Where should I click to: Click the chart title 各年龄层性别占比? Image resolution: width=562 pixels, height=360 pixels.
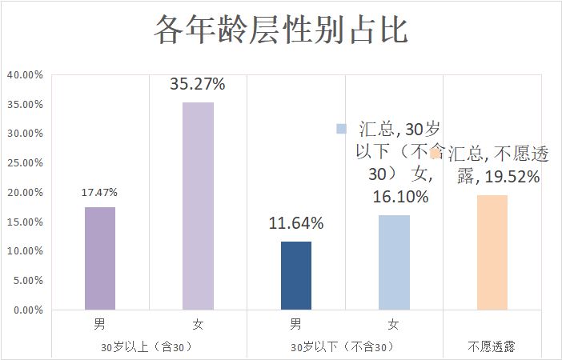(280, 30)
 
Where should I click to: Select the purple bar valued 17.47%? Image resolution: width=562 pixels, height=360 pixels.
(100, 258)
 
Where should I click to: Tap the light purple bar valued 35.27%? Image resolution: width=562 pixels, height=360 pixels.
(198, 206)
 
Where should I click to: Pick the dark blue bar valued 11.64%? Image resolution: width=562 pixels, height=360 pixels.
(295, 275)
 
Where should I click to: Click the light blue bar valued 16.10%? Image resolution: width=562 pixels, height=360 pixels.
(393, 262)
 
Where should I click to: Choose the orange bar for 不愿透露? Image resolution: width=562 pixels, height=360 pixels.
(492, 252)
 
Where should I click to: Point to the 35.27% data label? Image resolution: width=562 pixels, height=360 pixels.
(198, 84)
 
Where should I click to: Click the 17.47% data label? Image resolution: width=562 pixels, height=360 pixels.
(100, 193)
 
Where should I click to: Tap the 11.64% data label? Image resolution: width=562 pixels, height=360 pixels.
(295, 224)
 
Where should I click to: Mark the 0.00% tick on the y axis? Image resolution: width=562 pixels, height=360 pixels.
(26, 310)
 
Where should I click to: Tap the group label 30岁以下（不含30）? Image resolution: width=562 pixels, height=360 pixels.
(344, 347)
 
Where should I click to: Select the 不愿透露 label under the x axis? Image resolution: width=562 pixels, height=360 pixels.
(492, 347)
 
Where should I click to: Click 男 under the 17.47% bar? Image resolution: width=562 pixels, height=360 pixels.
(100, 325)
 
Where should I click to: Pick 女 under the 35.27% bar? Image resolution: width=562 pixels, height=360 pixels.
(198, 325)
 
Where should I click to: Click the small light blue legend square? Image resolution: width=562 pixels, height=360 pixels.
(341, 129)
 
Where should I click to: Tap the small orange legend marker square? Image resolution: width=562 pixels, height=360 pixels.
(436, 153)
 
